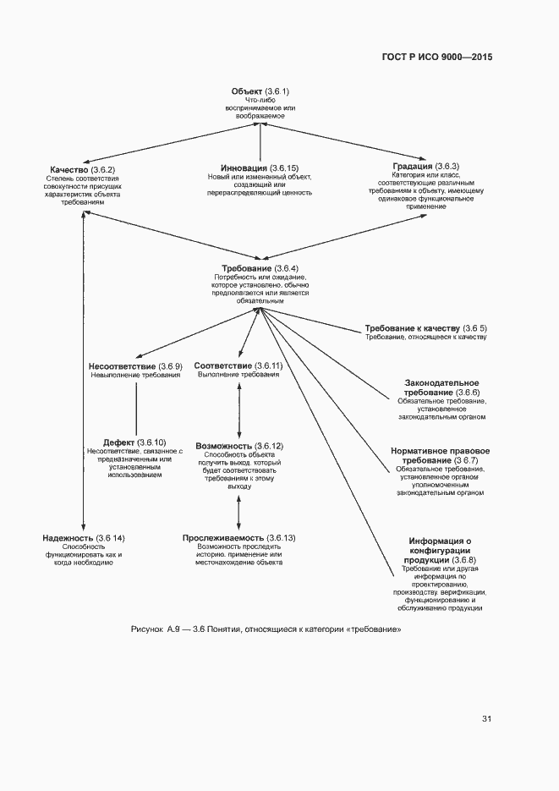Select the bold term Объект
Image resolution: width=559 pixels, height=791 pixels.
(x=247, y=91)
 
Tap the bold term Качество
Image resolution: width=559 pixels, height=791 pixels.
(x=69, y=169)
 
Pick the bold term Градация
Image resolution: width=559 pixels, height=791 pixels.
(x=413, y=166)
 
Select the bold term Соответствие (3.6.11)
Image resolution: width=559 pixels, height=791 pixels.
(x=223, y=365)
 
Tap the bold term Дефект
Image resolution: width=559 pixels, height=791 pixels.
(x=118, y=442)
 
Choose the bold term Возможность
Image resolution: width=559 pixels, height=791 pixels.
(x=224, y=446)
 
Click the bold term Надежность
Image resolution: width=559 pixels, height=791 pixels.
(x=68, y=538)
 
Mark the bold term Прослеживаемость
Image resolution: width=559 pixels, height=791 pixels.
(x=223, y=538)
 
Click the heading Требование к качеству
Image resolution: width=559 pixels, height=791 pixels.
(x=412, y=327)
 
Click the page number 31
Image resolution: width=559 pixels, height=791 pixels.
(x=486, y=719)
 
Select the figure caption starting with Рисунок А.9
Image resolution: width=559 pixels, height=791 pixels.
(x=266, y=630)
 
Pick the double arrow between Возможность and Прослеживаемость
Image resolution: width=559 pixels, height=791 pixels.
(x=239, y=511)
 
